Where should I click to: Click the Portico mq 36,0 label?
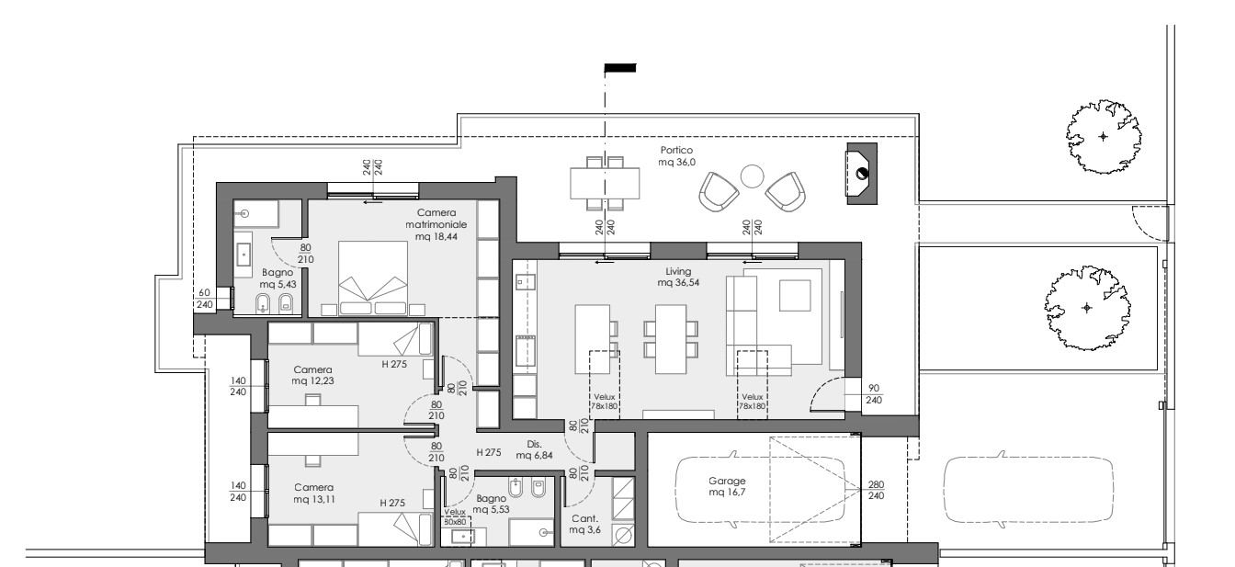(676, 156)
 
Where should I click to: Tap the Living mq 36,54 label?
(677, 277)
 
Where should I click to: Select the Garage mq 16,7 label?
(727, 486)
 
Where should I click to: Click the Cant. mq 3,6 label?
(585, 525)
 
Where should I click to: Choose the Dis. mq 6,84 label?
(534, 449)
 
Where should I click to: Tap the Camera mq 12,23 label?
(312, 375)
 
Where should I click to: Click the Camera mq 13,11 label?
(313, 493)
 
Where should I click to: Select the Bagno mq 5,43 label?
(278, 278)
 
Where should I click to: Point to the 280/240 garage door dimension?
(876, 491)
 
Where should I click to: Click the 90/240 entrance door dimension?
(873, 394)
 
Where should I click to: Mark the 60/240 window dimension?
(205, 299)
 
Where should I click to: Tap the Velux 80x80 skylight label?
(455, 517)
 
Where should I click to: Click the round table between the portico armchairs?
(752, 177)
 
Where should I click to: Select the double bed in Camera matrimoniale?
(373, 278)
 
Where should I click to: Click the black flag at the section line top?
(620, 68)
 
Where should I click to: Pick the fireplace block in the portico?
(862, 174)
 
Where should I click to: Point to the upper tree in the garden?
(1104, 137)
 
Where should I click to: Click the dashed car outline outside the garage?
(1029, 489)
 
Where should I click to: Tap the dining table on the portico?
(605, 183)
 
